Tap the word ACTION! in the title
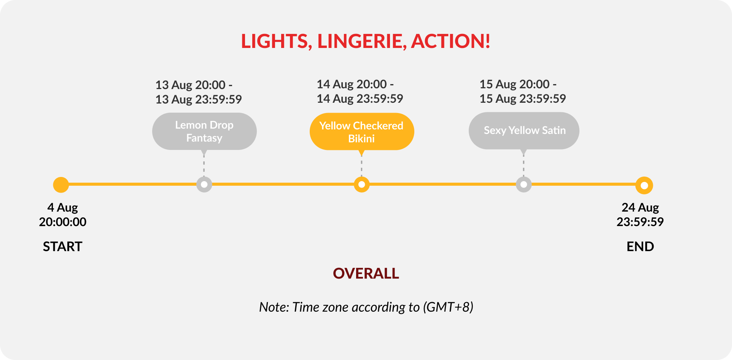pyautogui.click(x=450, y=41)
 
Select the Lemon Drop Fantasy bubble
pyautogui.click(x=204, y=131)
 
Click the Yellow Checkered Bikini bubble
pyautogui.click(x=362, y=132)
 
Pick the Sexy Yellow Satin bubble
pyautogui.click(x=524, y=131)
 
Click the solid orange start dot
pyautogui.click(x=61, y=185)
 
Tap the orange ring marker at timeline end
pyautogui.click(x=644, y=185)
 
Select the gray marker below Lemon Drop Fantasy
pyautogui.click(x=204, y=185)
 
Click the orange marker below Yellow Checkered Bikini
pyautogui.click(x=362, y=185)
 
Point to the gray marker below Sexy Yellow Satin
pyautogui.click(x=524, y=185)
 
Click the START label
pyautogui.click(x=62, y=247)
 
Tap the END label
pyautogui.click(x=640, y=247)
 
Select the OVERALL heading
pyautogui.click(x=366, y=274)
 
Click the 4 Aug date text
pyautogui.click(x=62, y=208)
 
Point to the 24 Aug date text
pyautogui.click(x=640, y=207)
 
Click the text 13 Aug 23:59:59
pyautogui.click(x=199, y=99)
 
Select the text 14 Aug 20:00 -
pyautogui.click(x=355, y=84)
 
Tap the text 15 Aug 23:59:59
pyautogui.click(x=523, y=99)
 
